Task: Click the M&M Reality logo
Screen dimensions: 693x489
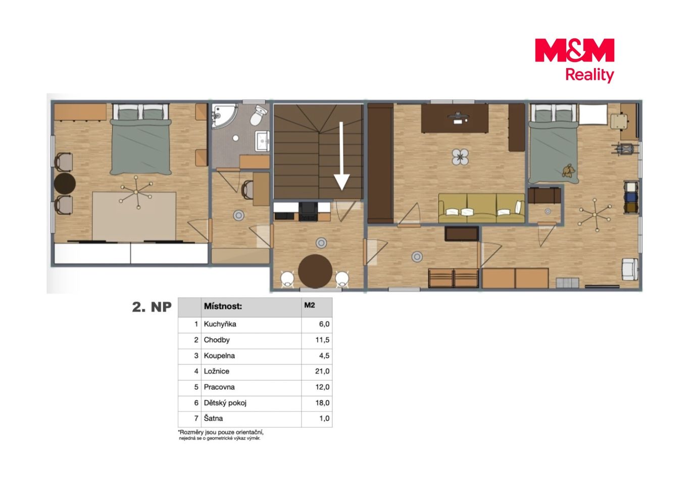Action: (x=574, y=60)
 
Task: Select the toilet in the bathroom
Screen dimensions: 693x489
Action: (x=258, y=115)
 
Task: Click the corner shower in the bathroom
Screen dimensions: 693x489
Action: (x=225, y=116)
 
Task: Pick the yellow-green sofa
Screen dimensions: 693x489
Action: (x=481, y=208)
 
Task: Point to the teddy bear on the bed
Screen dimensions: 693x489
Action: (x=567, y=171)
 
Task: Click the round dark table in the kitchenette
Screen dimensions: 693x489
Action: (x=315, y=271)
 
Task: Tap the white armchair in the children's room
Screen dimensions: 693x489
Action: (x=630, y=269)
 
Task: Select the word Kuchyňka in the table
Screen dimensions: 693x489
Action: (x=220, y=324)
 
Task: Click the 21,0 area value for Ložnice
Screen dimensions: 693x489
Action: (x=322, y=371)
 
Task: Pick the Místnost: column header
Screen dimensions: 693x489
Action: (x=223, y=306)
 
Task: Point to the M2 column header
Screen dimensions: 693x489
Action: (x=309, y=305)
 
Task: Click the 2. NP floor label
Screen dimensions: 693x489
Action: (x=152, y=307)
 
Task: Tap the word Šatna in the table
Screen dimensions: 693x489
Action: (x=213, y=418)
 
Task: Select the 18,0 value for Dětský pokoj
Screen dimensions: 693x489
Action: (x=322, y=403)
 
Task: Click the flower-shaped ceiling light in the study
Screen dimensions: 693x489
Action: (x=460, y=157)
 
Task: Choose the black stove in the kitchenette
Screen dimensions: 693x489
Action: (x=308, y=211)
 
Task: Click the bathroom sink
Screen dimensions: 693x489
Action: (x=262, y=141)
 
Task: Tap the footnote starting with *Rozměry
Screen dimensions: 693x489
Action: (x=221, y=435)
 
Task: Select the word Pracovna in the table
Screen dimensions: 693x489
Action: (x=219, y=387)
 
